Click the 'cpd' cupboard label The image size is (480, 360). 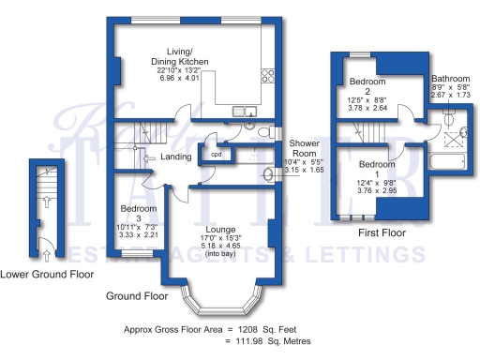[x=216, y=154]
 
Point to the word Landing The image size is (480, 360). [x=176, y=157]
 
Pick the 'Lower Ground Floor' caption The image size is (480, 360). [x=46, y=275]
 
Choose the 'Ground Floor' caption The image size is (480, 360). [x=137, y=295]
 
